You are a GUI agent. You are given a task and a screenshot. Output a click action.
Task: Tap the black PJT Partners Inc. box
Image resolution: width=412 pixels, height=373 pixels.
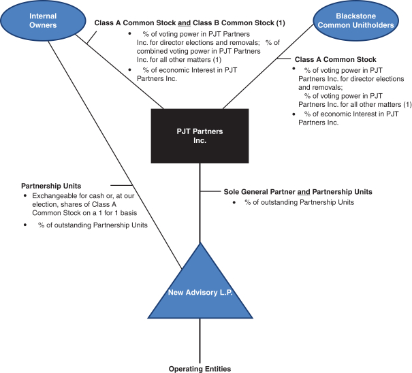pyautogui.click(x=199, y=135)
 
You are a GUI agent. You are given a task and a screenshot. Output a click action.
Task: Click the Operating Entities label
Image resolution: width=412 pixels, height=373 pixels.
pyautogui.click(x=200, y=369)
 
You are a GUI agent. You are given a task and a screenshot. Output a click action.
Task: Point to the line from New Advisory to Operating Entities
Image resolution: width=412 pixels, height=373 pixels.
pyautogui.click(x=200, y=340)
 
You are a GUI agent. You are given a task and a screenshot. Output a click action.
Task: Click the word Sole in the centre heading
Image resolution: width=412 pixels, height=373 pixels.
pyautogui.click(x=232, y=192)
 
